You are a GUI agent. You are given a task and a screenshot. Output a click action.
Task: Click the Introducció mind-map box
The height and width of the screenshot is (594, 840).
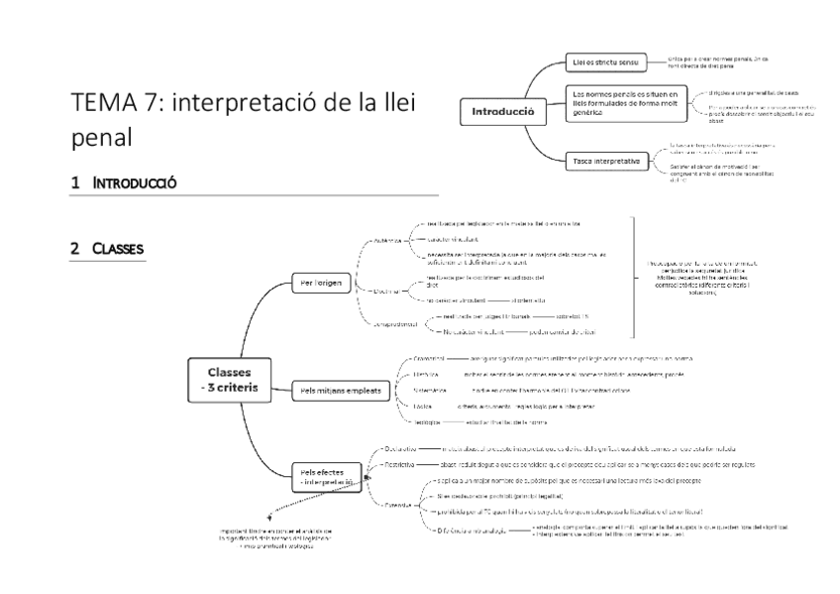coord(502,112)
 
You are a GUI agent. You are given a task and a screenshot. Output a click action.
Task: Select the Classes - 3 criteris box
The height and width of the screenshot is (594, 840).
coord(228,379)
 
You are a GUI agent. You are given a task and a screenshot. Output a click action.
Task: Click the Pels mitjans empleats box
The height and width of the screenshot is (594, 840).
coord(340,392)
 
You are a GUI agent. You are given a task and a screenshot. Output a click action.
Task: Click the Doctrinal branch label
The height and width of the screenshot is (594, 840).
coord(386,291)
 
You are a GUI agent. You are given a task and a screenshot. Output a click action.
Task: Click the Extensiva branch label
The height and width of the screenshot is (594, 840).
coord(402,502)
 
